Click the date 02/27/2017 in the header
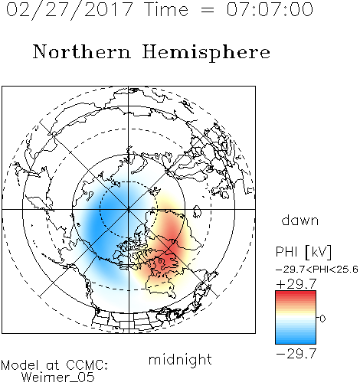(69, 10)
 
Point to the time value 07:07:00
(270, 9)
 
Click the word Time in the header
(166, 9)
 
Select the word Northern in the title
(82, 51)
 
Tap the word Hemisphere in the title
(206, 53)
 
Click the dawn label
(300, 220)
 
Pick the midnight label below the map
(180, 359)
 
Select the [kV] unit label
(318, 252)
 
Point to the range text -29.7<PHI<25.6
(317, 270)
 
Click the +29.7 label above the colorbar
(296, 284)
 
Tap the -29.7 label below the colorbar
(296, 354)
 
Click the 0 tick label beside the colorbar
(322, 319)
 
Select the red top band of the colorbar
(296, 293)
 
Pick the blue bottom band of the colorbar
(296, 341)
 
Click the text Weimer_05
(58, 378)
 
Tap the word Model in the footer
(20, 365)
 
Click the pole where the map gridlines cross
(129, 209)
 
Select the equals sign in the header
(208, 10)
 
